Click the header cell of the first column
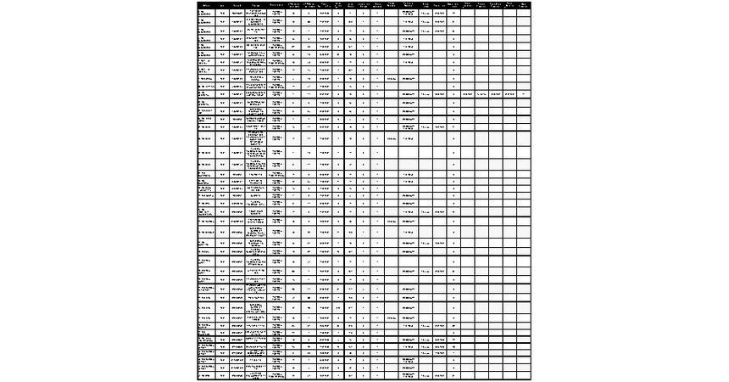point(206,5)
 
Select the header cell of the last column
point(525,5)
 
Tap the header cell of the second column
point(222,5)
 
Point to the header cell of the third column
point(237,5)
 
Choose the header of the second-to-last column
point(509,5)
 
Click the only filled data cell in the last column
point(525,93)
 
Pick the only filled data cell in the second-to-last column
point(509,93)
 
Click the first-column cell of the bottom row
point(206,375)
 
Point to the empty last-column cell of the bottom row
point(525,375)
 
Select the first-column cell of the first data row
point(206,14)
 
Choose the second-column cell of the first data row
point(222,14)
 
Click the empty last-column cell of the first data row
point(525,14)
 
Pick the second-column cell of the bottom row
point(222,375)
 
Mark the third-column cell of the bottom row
point(237,375)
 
